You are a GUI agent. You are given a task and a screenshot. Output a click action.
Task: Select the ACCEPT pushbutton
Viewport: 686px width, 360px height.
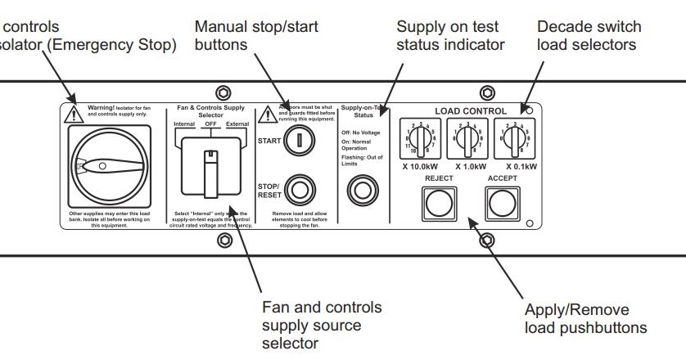coord(502,200)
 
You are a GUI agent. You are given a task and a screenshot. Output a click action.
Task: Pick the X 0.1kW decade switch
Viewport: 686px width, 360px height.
coord(512,136)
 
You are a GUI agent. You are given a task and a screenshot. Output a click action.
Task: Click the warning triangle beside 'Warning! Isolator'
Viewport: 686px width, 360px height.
coord(75,113)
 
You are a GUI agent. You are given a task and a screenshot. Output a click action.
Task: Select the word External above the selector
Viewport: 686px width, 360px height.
coord(237,124)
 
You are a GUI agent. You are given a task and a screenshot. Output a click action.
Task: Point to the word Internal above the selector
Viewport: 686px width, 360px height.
coord(184,124)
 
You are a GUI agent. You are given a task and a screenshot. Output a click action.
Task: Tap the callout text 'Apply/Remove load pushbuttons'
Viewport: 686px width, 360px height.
coord(584,320)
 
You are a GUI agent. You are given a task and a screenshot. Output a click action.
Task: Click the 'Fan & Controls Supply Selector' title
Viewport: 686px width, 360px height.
coord(210,111)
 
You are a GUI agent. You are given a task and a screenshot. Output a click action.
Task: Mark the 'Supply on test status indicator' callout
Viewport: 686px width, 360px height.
coord(449,35)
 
